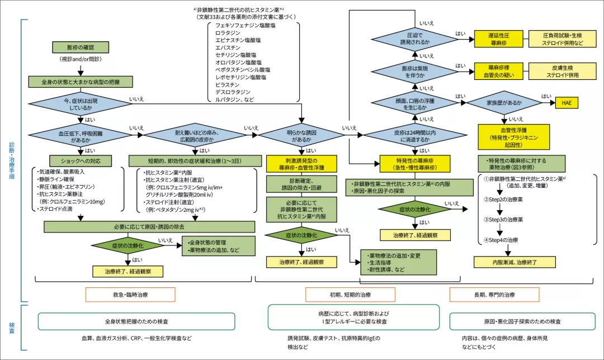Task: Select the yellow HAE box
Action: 566,103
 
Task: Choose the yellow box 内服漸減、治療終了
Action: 515,261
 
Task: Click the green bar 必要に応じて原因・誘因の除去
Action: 149,227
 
